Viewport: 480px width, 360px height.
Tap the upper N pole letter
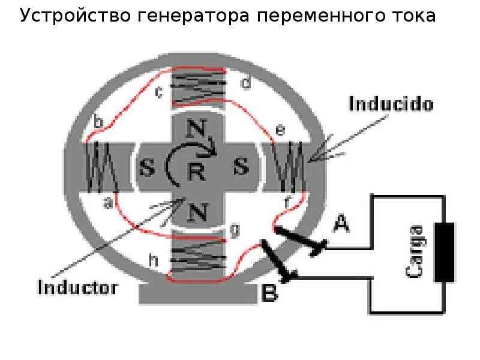195,128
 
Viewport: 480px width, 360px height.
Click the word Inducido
391,104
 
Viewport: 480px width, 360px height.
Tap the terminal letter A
341,224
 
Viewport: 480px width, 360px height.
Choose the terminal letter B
270,294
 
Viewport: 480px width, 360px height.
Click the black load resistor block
445,252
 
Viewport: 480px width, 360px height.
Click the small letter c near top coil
159,92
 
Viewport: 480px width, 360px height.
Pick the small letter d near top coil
245,83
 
